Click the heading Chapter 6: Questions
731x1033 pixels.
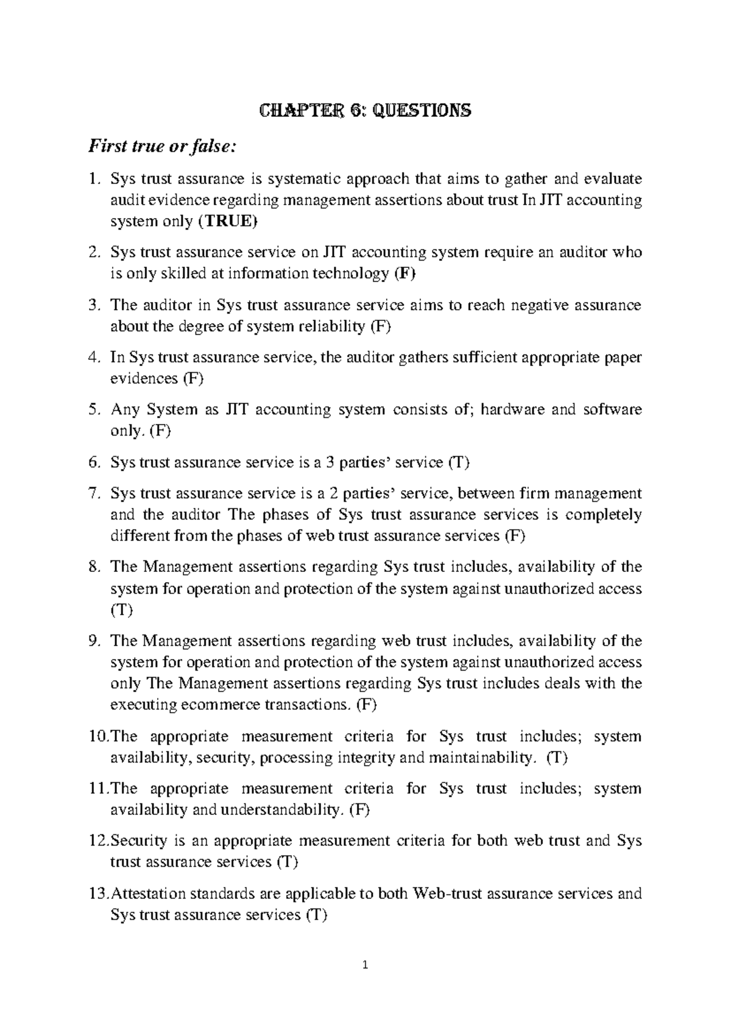coord(365,111)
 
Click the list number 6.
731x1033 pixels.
coord(93,462)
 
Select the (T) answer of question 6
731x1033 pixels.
coord(459,462)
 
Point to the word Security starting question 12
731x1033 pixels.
coord(138,841)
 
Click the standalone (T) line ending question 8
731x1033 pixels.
coord(121,610)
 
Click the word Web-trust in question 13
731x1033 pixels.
coord(447,894)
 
